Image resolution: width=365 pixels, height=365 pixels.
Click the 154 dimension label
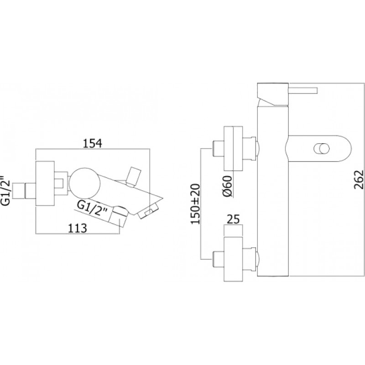point(93,143)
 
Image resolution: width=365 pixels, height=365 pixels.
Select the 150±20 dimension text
point(196,204)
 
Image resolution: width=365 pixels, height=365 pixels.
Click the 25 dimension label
point(233,219)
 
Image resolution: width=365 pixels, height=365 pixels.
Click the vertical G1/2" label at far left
point(6,190)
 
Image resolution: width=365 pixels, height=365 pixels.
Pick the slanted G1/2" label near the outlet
point(93,209)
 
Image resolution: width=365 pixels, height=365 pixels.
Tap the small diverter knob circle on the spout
point(322,148)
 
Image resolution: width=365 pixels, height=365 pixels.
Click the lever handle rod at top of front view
point(303,90)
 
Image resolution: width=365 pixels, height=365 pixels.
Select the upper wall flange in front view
point(233,148)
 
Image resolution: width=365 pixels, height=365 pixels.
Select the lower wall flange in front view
point(233,260)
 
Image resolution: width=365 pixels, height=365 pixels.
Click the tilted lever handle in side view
point(133,177)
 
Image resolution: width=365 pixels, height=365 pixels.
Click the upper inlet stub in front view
point(219,148)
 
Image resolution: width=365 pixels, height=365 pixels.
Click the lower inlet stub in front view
point(219,260)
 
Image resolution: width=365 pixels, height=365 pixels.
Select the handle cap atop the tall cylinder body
point(273,94)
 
